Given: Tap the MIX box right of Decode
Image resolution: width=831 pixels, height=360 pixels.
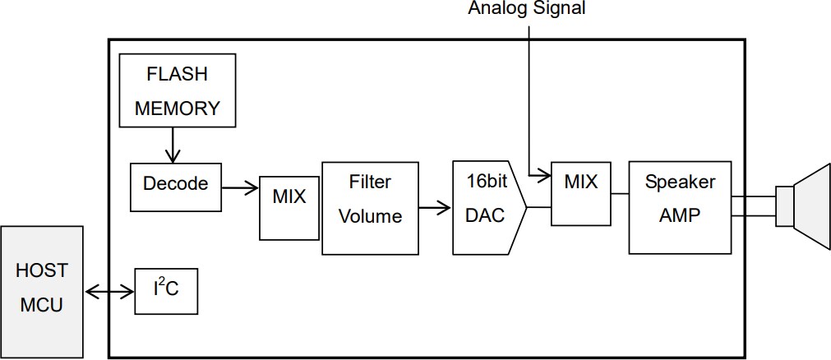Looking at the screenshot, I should tap(289, 198).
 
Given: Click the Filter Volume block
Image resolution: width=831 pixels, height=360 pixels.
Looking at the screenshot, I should tap(369, 208).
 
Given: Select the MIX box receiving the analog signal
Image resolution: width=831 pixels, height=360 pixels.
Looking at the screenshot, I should tap(581, 193).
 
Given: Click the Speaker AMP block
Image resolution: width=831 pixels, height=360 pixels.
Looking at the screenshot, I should tap(680, 207).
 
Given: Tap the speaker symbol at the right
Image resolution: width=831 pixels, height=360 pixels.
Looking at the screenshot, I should tap(801, 205).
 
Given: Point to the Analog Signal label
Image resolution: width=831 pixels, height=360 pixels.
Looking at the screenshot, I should tap(528, 9).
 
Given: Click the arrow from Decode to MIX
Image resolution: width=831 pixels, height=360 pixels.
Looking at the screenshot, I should tap(239, 187).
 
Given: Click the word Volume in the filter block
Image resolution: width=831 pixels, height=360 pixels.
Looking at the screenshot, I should tap(370, 217).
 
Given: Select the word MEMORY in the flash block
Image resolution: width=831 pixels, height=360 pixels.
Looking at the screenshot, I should tap(177, 108).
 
